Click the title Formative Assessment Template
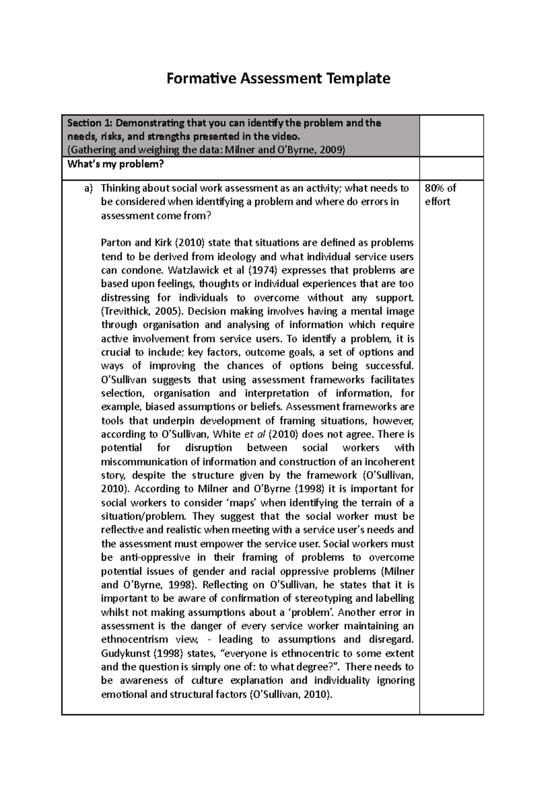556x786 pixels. pos(278,78)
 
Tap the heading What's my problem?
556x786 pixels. pos(116,164)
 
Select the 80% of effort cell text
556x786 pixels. pos(440,194)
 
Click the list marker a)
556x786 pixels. pos(88,188)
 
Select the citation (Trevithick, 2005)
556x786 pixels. pos(139,311)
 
